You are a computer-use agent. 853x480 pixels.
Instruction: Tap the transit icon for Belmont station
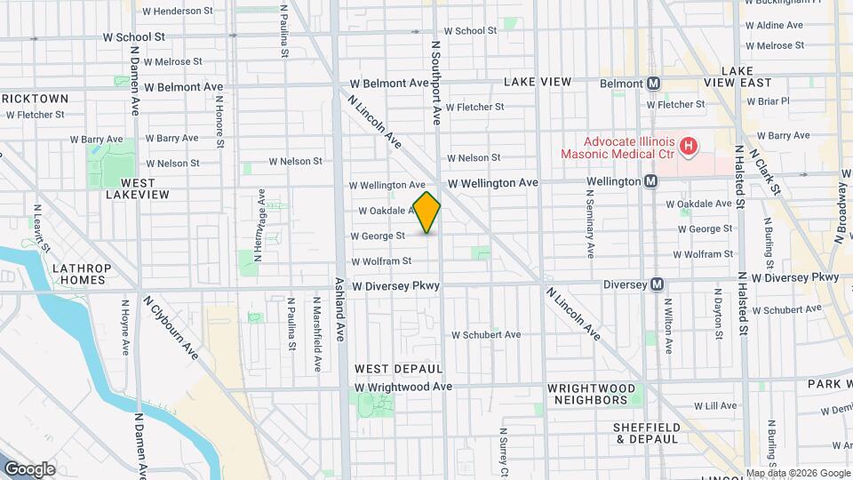654,84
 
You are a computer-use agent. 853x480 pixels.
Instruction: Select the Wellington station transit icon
651,181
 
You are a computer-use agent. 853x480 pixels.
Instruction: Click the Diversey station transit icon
657,284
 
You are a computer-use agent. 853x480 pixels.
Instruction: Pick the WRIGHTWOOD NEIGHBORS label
592,394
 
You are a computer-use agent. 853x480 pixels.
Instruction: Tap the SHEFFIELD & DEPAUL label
646,433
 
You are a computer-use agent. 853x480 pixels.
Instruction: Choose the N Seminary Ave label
589,228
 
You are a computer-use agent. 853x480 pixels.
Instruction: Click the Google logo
29,469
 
